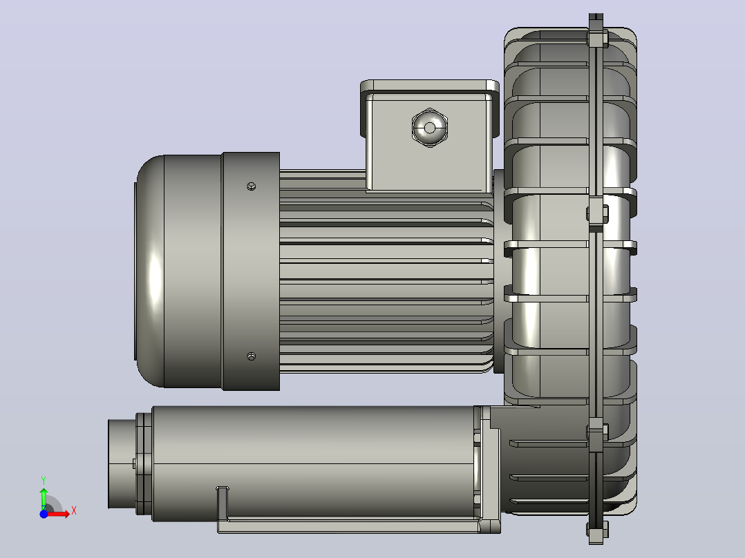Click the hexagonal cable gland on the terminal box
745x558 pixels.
(x=430, y=128)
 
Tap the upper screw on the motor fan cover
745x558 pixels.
(x=252, y=186)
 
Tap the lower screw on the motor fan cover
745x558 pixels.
(x=252, y=356)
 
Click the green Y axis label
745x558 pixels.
(x=44, y=481)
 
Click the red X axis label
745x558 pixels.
(x=74, y=511)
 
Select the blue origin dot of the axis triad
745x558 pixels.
(x=44, y=514)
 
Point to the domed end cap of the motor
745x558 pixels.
(x=150, y=271)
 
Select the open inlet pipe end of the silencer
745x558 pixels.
(x=121, y=463)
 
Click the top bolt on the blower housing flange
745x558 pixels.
(x=596, y=39)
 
